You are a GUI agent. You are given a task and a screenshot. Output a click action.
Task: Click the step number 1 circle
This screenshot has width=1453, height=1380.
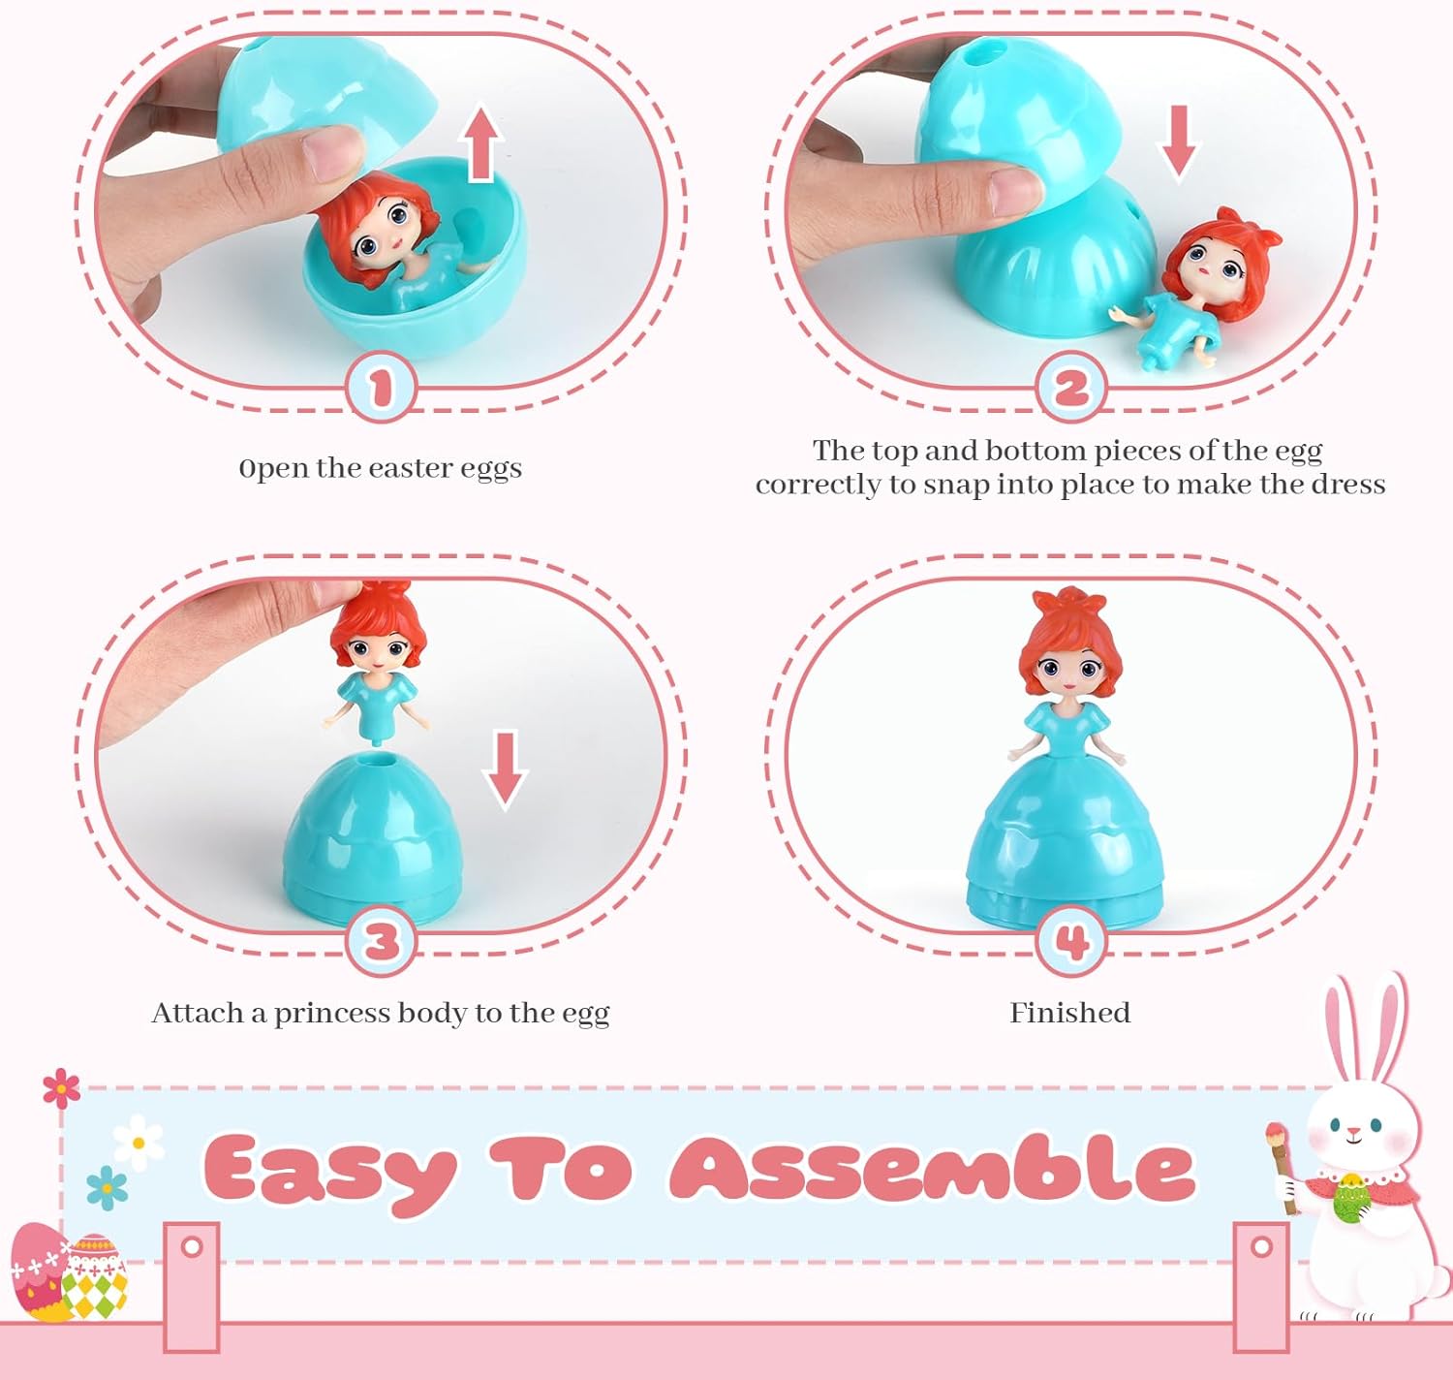[381, 388]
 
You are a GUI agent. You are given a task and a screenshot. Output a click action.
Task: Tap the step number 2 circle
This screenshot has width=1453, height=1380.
[1070, 388]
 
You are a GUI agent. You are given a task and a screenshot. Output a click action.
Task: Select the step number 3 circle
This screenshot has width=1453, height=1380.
[381, 941]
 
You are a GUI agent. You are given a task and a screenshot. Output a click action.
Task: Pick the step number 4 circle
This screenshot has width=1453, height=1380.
[1070, 941]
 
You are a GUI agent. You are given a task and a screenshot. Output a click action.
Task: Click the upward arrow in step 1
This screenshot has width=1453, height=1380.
[481, 143]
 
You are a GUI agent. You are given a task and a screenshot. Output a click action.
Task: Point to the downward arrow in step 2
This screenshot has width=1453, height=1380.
[1178, 142]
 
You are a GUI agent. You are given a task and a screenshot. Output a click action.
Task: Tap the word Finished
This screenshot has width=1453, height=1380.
[1069, 1013]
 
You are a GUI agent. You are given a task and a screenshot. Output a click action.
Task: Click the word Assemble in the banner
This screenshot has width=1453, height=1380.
[932, 1168]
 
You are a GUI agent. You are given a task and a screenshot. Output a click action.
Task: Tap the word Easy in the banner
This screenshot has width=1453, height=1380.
[329, 1171]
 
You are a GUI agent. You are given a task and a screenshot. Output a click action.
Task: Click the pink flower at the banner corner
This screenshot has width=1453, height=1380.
[61, 1088]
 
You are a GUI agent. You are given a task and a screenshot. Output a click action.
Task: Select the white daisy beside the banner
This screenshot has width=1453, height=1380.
[139, 1143]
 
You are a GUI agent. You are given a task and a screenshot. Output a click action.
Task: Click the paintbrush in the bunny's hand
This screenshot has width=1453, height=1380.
[1281, 1163]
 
